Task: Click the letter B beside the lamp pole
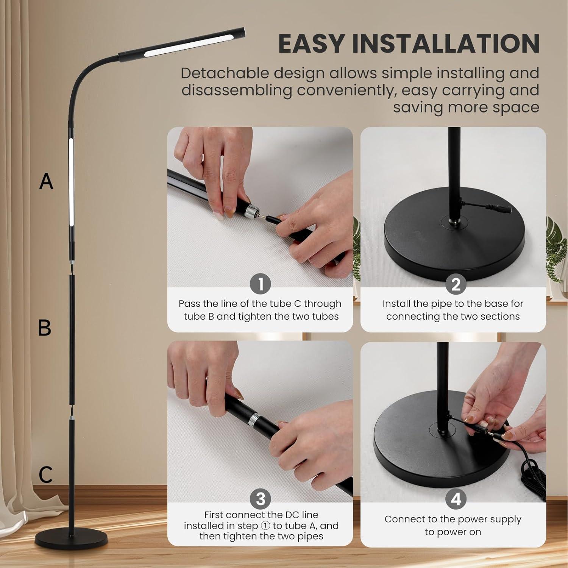tap(45, 328)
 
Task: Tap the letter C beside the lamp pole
tap(45, 474)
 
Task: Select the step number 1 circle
tap(261, 284)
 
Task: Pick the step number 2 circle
tap(456, 284)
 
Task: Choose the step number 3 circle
tap(261, 499)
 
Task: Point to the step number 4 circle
tap(456, 499)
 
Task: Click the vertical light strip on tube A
tap(71, 182)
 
